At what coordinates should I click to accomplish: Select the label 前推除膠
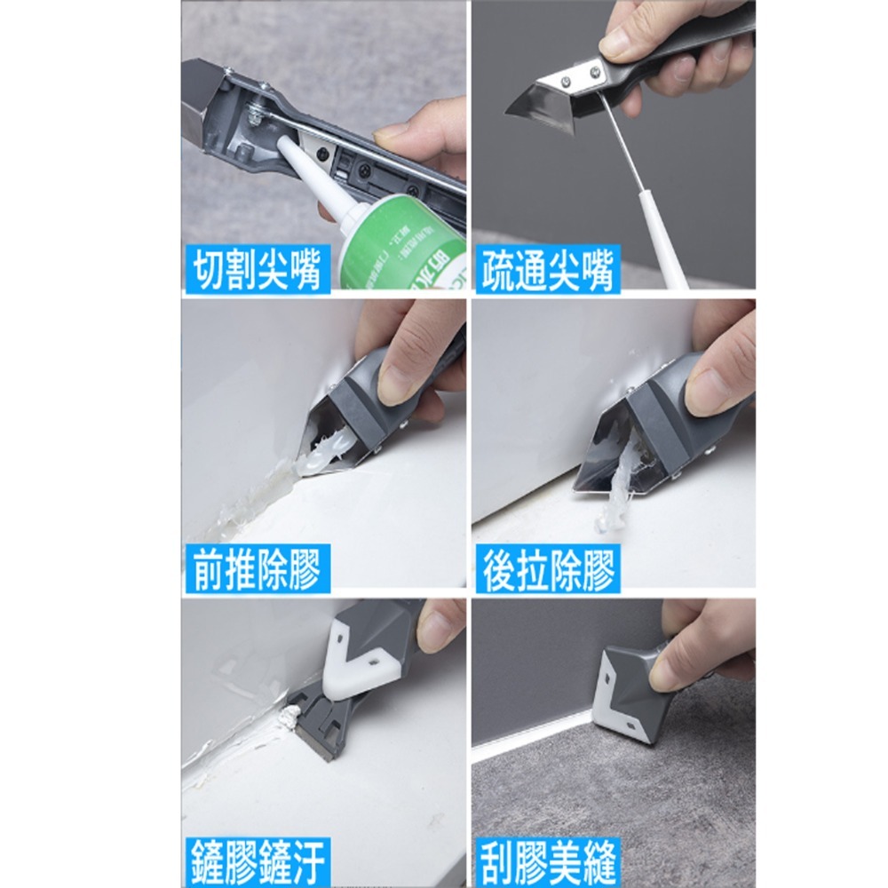pos(256,568)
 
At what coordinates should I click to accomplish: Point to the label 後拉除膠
pos(547,568)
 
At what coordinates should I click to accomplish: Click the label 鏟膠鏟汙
pos(256,861)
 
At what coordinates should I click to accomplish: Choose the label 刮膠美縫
pos(547,861)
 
